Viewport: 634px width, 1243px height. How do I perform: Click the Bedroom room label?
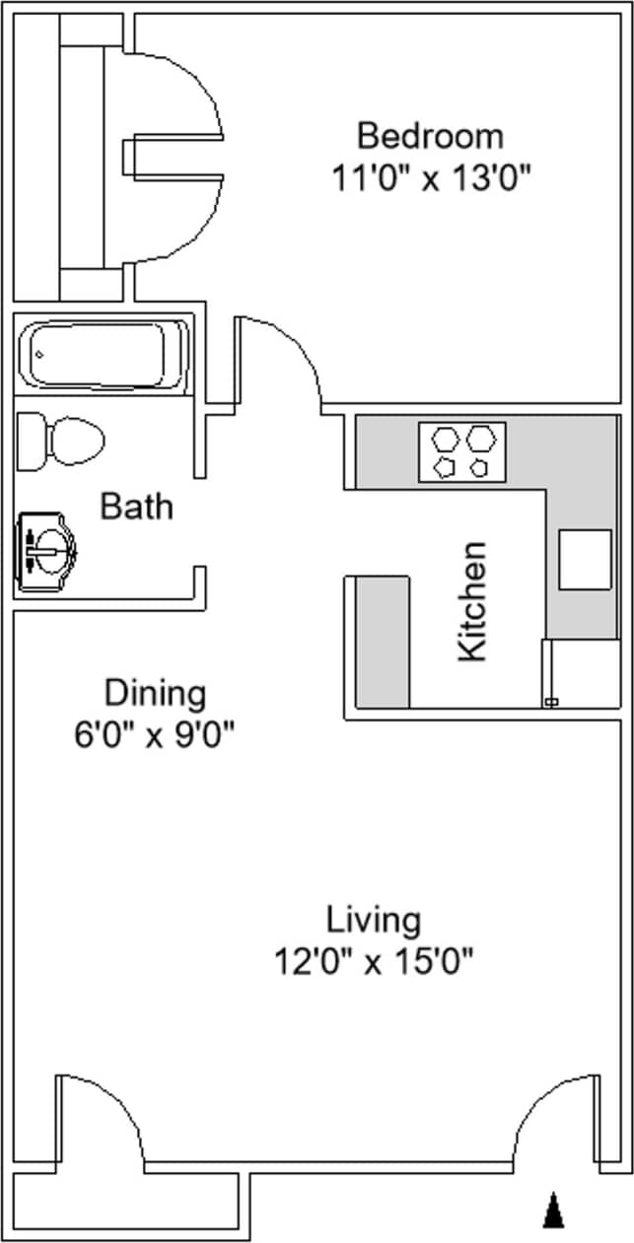(x=430, y=134)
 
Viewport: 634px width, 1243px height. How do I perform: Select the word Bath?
(x=137, y=507)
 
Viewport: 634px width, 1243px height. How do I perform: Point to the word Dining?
(x=156, y=693)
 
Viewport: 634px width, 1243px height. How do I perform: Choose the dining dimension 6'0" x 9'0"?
(x=156, y=734)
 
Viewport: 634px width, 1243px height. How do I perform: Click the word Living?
(x=374, y=921)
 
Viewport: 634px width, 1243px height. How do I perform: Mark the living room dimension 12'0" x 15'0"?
(x=374, y=960)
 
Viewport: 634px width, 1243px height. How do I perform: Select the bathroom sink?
(x=47, y=548)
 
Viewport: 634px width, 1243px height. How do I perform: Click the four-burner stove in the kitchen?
(x=461, y=451)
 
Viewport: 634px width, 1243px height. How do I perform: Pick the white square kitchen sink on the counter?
(x=585, y=559)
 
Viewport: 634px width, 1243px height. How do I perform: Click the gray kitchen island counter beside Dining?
(x=382, y=642)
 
